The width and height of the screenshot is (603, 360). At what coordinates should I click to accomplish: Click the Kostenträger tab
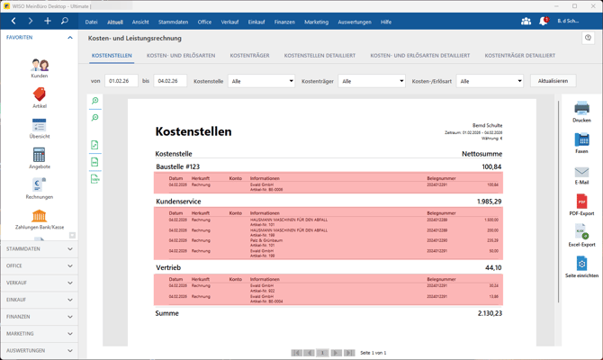249,56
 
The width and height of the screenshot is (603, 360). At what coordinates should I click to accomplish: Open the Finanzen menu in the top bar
284,22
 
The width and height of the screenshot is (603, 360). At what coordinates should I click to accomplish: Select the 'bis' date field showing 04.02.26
169,81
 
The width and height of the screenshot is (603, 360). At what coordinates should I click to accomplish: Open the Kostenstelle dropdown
261,81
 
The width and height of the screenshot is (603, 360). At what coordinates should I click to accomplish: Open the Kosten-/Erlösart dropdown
490,81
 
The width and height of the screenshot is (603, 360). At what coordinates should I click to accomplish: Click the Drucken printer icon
581,110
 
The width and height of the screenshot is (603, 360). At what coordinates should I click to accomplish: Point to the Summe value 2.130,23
490,313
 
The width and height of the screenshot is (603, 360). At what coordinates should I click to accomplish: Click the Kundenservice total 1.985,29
490,202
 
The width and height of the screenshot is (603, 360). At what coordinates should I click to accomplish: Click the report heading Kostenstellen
193,131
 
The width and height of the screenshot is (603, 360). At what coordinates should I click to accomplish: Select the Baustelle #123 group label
177,166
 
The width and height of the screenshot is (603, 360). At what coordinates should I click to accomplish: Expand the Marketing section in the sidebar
39,333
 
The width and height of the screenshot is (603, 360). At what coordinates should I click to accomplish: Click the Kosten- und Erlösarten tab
181,56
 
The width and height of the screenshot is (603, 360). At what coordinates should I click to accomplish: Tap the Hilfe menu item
386,22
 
